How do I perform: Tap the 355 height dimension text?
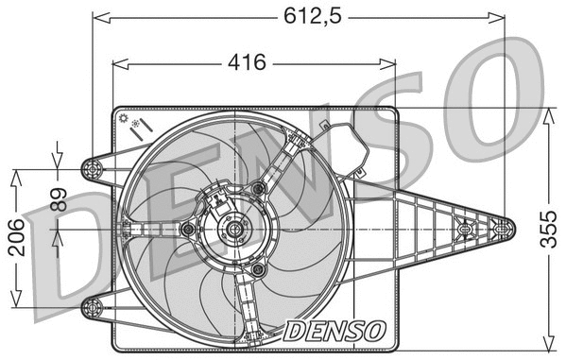coord(549,228)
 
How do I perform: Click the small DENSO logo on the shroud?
coord(334,331)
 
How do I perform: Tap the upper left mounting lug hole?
coord(93,170)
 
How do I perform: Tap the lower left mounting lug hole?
coord(93,304)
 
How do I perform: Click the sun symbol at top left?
coord(123,118)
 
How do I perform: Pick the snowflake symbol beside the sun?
coord(138,124)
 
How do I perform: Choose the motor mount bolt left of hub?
coord(187,229)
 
